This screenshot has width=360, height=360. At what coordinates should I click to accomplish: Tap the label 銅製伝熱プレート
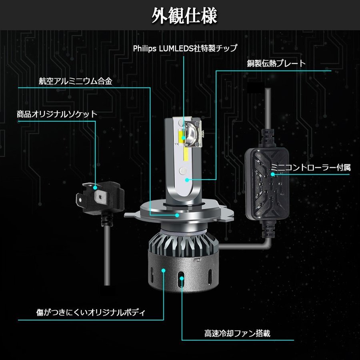pos(276,63)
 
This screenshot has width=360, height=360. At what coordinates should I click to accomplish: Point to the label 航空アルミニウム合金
pos(76,81)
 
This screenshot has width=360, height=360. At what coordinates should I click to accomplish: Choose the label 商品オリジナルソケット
pos(57,114)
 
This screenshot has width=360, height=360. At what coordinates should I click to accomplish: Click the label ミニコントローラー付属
pos(311,167)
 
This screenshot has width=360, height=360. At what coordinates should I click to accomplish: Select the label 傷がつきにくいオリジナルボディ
pos(90,311)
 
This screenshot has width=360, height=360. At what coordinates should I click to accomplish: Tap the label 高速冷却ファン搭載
pos(237,333)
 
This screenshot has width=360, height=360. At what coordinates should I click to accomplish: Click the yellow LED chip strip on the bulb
pos(185,138)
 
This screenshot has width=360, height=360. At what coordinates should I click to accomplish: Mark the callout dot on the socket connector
pos(96,187)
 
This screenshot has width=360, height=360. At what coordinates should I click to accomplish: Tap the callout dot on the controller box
pos(272,174)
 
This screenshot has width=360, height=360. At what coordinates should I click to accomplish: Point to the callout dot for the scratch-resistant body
pos(164,271)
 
